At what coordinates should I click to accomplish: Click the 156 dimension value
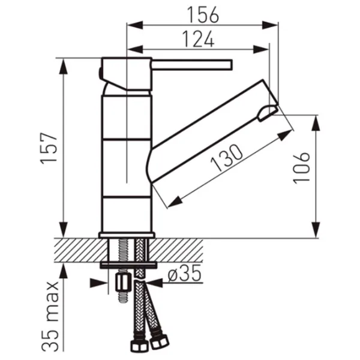pyautogui.click(x=203, y=15)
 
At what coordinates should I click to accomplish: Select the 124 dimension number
pyautogui.click(x=199, y=39)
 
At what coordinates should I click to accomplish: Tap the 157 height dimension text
pyautogui.click(x=49, y=148)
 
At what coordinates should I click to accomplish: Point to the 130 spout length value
pyautogui.click(x=227, y=158)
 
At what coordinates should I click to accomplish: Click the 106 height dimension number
pyautogui.click(x=301, y=167)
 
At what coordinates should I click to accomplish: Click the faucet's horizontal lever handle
pyautogui.click(x=192, y=65)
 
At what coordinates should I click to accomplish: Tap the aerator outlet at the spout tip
pyautogui.click(x=268, y=113)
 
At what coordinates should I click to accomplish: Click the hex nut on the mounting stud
pyautogui.click(x=122, y=283)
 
